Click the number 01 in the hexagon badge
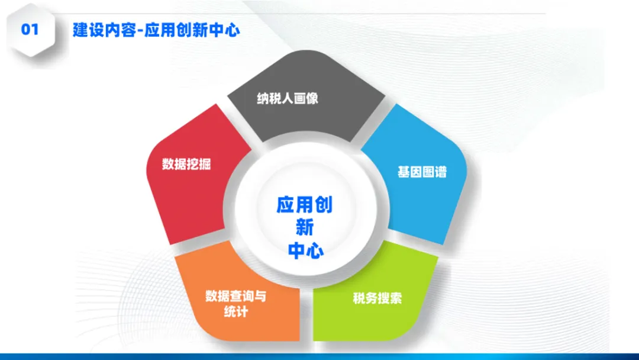(x=30, y=30)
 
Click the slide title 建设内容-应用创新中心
(x=156, y=30)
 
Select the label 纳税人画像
(x=288, y=98)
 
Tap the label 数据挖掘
(x=186, y=165)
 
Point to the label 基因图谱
(x=422, y=172)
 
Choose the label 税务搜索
(x=377, y=298)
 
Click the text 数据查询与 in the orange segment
(x=235, y=296)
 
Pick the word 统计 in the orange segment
(x=235, y=311)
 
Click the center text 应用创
(x=304, y=205)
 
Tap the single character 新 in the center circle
(x=304, y=227)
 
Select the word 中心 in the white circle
(x=305, y=250)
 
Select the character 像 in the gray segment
(x=312, y=98)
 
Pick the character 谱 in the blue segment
(x=440, y=172)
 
